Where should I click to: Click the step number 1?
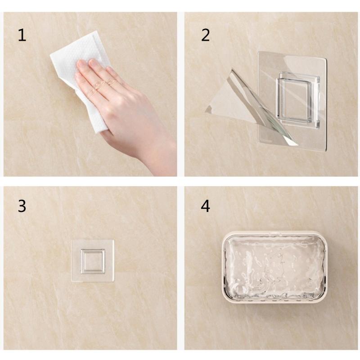pyautogui.click(x=22, y=35)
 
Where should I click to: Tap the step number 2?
pyautogui.click(x=206, y=35)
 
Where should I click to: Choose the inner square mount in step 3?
pyautogui.click(x=93, y=261)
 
